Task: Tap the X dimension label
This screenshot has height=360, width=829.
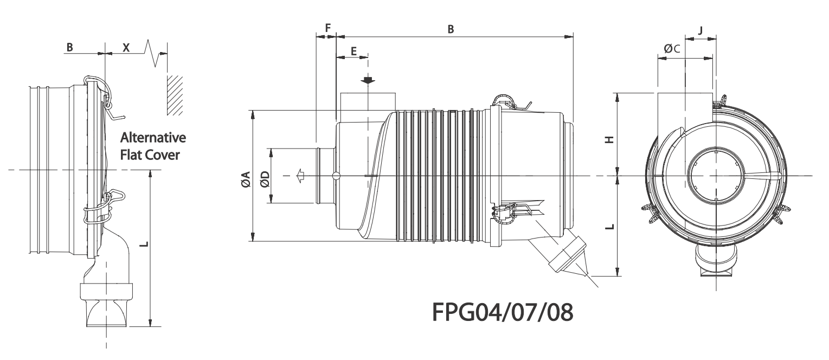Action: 126,47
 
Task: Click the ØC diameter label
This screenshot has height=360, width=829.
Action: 672,49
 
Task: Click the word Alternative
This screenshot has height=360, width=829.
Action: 153,137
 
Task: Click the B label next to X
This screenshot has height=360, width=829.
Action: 69,47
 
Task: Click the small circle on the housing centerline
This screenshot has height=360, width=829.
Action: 336,175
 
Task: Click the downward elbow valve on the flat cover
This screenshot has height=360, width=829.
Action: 108,287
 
